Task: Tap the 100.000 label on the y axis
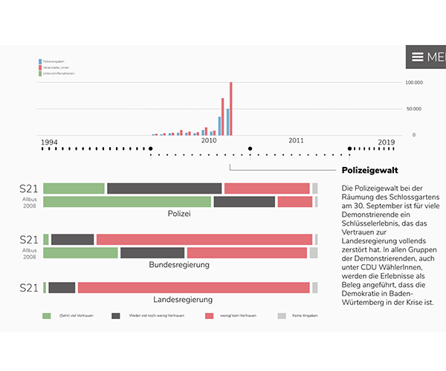click(x=413, y=82)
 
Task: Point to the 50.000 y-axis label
click(x=414, y=108)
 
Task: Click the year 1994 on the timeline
click(x=49, y=141)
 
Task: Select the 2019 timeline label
click(x=386, y=141)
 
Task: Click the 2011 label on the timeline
click(x=297, y=140)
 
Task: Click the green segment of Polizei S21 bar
click(x=74, y=188)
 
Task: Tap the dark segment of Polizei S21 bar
click(x=164, y=188)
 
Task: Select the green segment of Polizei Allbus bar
click(x=127, y=202)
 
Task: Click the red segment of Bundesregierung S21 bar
click(x=204, y=240)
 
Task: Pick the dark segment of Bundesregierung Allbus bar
click(x=152, y=253)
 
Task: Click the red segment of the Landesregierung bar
click(x=193, y=288)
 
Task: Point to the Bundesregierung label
click(x=178, y=265)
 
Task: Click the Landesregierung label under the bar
click(x=183, y=300)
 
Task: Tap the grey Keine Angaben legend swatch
click(x=281, y=315)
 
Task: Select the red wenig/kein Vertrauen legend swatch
click(x=209, y=315)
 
